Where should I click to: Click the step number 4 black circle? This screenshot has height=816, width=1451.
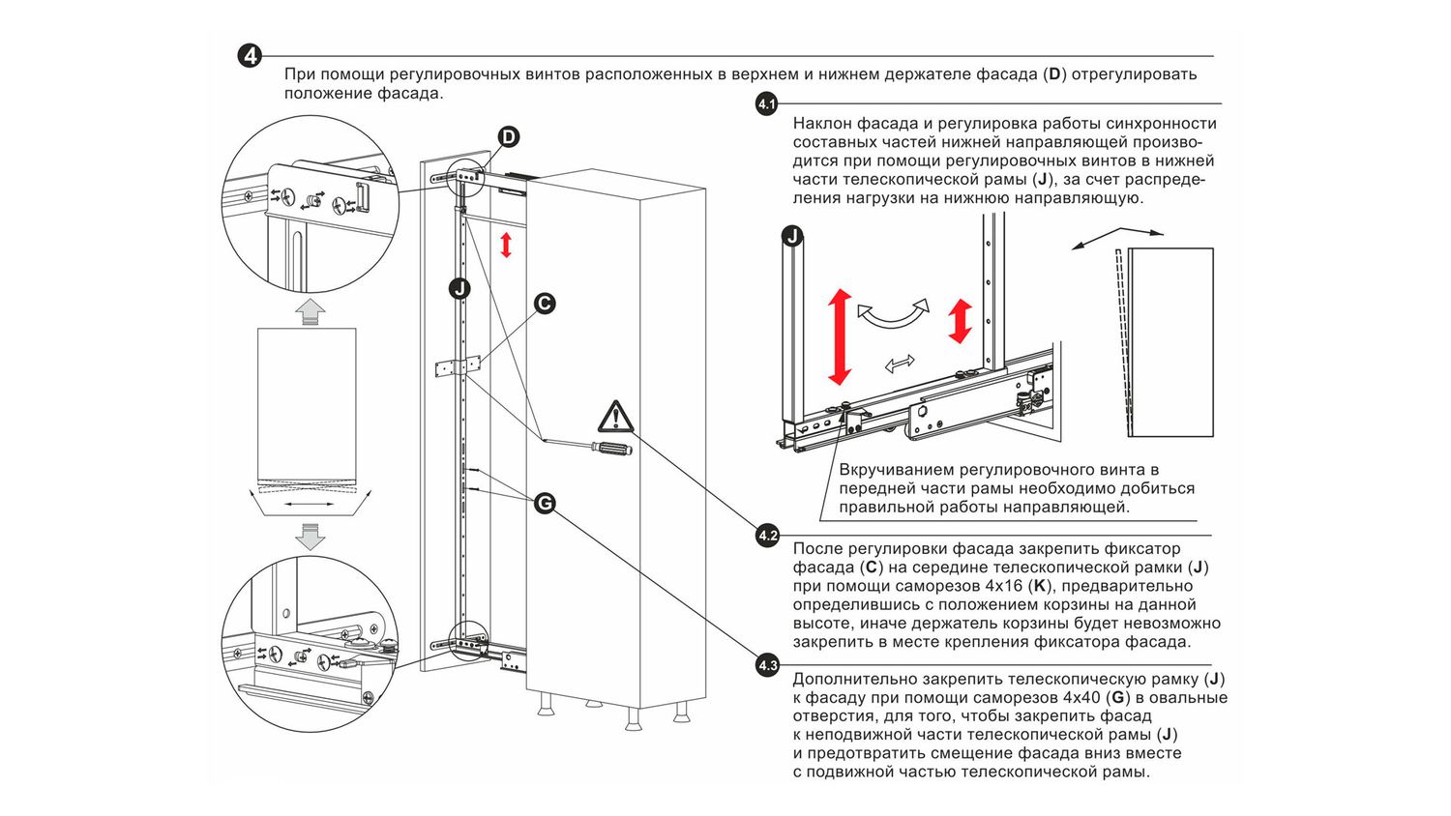250,56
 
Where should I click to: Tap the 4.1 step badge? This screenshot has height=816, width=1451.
767,104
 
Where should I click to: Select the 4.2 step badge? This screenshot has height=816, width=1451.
767,535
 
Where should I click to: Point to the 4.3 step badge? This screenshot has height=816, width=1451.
767,665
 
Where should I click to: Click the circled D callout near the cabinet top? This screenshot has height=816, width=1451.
508,137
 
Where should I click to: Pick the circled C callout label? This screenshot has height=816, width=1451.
545,304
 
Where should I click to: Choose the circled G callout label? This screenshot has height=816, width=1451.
545,503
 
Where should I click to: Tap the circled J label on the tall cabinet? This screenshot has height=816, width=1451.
459,288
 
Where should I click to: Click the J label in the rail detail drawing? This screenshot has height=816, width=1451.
792,236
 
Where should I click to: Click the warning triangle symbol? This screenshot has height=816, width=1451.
615,417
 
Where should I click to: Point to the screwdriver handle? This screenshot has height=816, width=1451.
610,449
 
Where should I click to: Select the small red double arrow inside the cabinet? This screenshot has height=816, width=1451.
505,245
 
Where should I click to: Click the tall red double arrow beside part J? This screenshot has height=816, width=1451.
839,336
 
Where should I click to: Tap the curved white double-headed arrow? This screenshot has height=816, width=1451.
892,314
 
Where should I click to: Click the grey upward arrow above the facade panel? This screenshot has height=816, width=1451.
310,311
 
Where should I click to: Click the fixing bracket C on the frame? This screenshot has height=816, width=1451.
457,366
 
